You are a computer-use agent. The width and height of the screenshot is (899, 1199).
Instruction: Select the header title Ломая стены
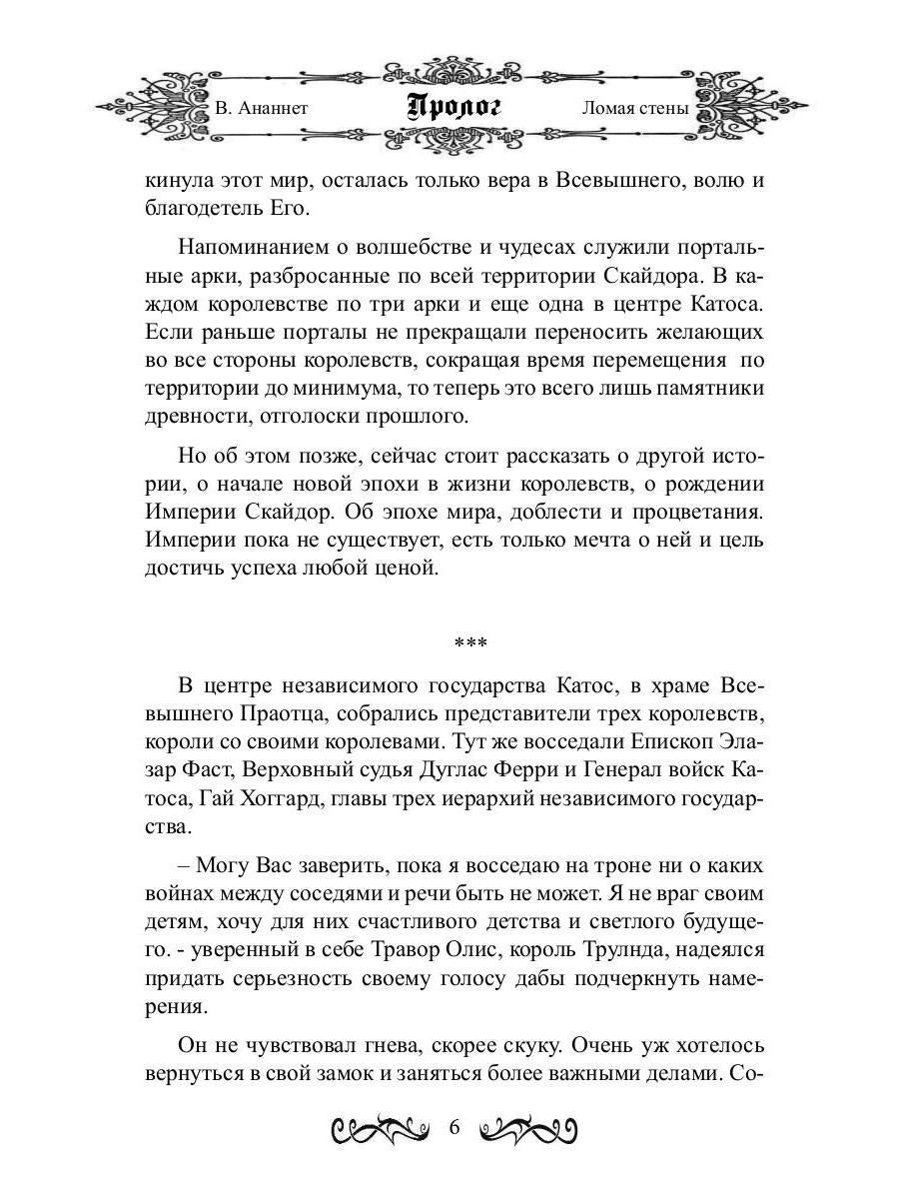(635, 108)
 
